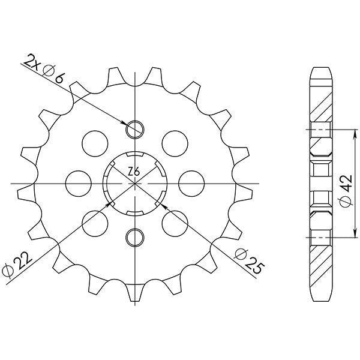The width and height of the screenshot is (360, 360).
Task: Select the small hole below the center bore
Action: (134, 236)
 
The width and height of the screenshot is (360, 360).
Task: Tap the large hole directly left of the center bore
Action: (77, 182)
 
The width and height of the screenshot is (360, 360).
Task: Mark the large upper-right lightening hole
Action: (174, 142)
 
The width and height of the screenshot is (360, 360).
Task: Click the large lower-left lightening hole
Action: (94, 222)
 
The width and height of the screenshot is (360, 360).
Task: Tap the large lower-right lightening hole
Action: (174, 222)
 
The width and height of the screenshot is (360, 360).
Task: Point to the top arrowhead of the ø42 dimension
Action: (354, 130)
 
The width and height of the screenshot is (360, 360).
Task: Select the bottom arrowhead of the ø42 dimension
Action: (354, 234)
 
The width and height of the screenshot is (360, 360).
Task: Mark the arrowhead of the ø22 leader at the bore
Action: (110, 203)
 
